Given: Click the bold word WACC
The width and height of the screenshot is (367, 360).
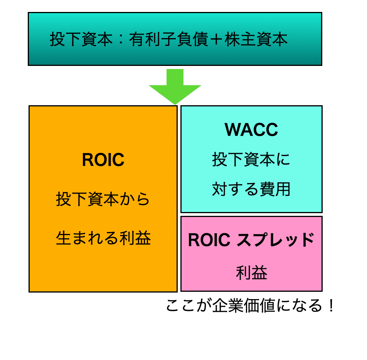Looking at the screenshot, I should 251,130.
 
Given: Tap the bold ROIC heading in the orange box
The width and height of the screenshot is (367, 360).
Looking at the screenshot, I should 103,160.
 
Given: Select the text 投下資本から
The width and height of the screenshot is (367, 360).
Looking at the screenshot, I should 103,200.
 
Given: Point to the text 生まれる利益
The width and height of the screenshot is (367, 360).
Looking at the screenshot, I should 103,238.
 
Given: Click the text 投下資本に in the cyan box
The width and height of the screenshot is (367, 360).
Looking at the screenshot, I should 251,160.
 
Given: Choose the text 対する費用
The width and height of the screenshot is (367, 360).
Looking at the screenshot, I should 251,189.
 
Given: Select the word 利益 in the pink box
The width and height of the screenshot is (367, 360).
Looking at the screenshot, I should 251,273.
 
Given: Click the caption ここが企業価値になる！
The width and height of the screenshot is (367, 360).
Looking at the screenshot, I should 251,306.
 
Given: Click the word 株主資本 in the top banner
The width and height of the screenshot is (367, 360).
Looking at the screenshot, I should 256,40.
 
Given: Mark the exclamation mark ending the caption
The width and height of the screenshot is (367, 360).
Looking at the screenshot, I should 331,306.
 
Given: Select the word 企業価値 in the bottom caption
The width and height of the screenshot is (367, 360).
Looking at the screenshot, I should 244,306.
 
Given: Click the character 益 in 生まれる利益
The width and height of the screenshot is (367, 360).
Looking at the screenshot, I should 143,238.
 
